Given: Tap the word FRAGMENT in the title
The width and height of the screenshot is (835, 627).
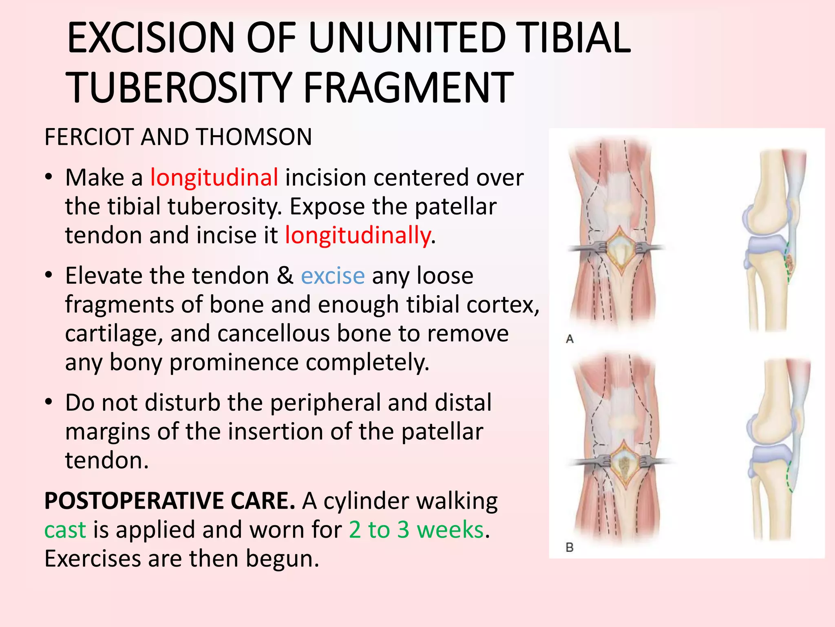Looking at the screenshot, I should (x=408, y=88).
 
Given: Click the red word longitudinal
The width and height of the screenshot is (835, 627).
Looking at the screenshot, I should (x=214, y=178).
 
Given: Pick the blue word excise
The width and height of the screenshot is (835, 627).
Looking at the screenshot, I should (x=333, y=276).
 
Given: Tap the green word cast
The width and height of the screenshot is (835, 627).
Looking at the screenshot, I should (x=65, y=530).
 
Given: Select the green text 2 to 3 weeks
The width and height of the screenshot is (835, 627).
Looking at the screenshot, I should (x=416, y=530).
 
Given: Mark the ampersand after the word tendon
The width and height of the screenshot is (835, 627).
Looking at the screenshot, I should (x=285, y=276).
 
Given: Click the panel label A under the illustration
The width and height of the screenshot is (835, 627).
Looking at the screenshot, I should (x=570, y=339).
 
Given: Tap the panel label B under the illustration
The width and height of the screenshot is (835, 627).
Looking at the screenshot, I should (x=570, y=547).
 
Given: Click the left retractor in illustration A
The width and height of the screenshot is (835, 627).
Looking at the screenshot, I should (x=587, y=248).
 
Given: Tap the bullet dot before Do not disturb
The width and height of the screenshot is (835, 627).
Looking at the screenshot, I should (x=49, y=402).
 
